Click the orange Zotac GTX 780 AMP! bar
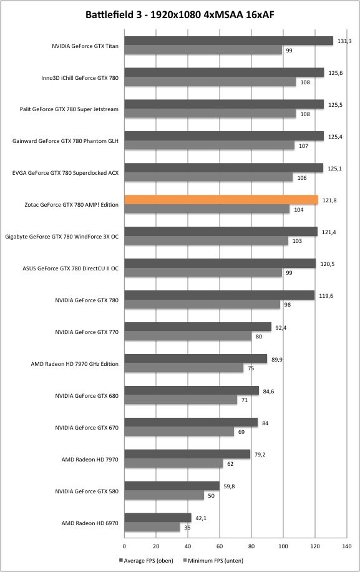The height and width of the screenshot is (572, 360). [221, 200]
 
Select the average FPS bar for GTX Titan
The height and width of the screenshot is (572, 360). [229, 41]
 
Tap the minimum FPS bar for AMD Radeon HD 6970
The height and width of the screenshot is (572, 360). [152, 527]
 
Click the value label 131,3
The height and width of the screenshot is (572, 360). [344, 41]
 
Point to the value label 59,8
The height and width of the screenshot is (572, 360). [229, 486]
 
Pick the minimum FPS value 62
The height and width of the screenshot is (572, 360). [230, 464]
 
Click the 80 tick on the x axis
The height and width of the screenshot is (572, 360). [251, 546]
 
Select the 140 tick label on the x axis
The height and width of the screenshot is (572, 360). [347, 546]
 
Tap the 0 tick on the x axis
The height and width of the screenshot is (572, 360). [124, 546]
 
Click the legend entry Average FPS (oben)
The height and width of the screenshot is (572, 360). [146, 560]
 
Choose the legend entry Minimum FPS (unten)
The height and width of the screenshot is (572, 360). [213, 560]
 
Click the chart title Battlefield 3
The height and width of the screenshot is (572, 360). [114, 14]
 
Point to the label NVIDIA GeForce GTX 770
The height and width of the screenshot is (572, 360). [87, 332]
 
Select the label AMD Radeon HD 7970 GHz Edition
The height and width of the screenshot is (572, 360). [75, 363]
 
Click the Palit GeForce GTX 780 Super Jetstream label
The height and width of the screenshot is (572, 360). [69, 109]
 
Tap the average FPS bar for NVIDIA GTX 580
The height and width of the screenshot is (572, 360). [172, 486]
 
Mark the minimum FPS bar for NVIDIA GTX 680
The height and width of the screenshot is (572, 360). [181, 400]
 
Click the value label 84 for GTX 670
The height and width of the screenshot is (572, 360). [265, 423]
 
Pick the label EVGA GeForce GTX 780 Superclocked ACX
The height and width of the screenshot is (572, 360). [66, 173]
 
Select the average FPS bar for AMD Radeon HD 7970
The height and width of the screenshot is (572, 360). [187, 454]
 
